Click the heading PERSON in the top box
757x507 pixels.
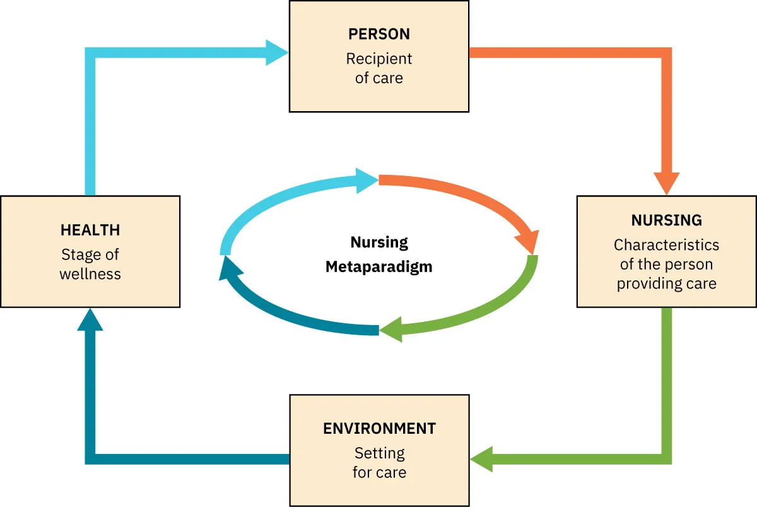click(x=378, y=34)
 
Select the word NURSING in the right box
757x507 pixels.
click(x=666, y=220)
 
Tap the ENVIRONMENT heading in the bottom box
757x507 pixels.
click(x=379, y=429)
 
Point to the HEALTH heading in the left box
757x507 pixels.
click(x=90, y=230)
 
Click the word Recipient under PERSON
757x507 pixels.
click(x=378, y=59)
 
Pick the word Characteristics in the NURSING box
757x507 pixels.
click(x=666, y=244)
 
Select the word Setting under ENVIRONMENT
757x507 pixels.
click(x=379, y=453)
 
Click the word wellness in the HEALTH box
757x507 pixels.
click(x=90, y=274)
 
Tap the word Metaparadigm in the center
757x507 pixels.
click(x=378, y=266)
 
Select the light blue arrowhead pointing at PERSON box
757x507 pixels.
click(x=276, y=52)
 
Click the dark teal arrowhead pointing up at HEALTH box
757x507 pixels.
click(x=90, y=320)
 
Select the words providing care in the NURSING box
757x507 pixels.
click(x=666, y=283)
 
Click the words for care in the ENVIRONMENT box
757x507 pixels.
click(x=379, y=472)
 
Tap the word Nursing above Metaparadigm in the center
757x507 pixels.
click(x=378, y=242)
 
